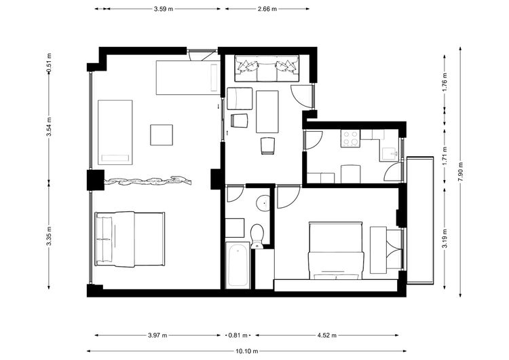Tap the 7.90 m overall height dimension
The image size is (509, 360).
460,172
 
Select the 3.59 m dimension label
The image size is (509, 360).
164,9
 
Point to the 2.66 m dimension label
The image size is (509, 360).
267,9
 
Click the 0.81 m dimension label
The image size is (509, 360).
238,336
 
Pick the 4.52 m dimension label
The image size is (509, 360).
327,336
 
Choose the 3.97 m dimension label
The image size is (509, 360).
157,336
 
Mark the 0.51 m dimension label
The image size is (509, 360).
49,62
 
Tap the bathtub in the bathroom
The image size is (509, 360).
238,266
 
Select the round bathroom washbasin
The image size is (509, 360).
263,203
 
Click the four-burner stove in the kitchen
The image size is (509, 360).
350,138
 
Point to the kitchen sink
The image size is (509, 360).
390,154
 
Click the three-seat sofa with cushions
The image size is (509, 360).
267,68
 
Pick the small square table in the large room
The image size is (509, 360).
162,135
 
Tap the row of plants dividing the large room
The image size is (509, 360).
147,181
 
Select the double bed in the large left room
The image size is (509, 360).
130,239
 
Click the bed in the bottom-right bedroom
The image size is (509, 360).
336,251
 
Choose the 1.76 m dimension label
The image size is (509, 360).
445,82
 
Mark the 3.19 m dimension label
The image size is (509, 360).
445,239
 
